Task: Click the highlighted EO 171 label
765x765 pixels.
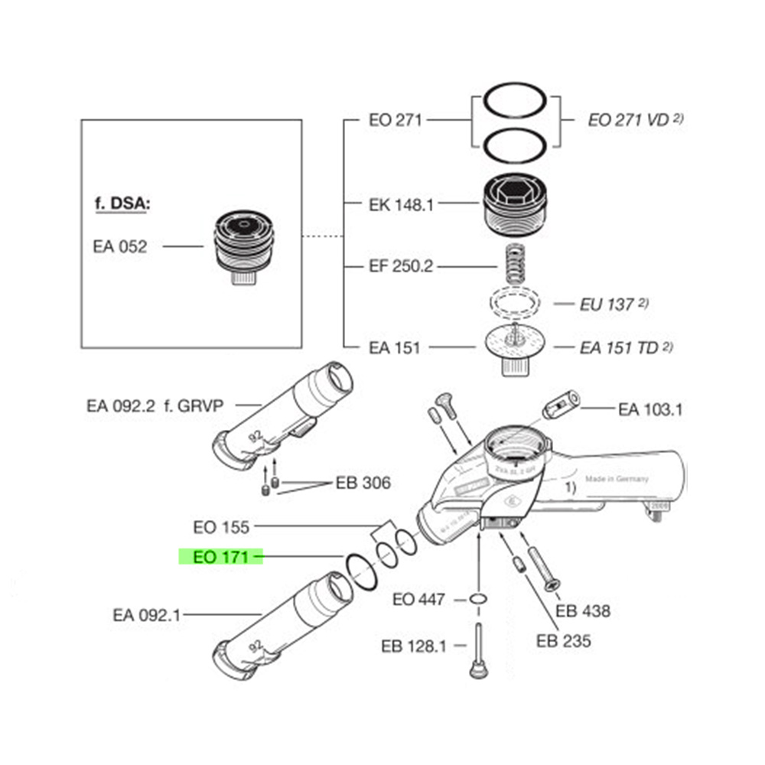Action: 221,557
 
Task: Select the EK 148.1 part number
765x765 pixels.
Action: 401,204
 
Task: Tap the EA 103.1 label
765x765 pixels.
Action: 651,409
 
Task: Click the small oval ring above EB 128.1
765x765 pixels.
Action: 478,598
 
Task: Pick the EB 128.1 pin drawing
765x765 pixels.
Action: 477,650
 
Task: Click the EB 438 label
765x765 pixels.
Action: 583,610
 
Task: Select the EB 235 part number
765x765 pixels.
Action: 564,640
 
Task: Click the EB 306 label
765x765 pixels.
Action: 363,483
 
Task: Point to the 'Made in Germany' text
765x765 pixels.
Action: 617,479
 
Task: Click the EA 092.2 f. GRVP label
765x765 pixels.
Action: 155,405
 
